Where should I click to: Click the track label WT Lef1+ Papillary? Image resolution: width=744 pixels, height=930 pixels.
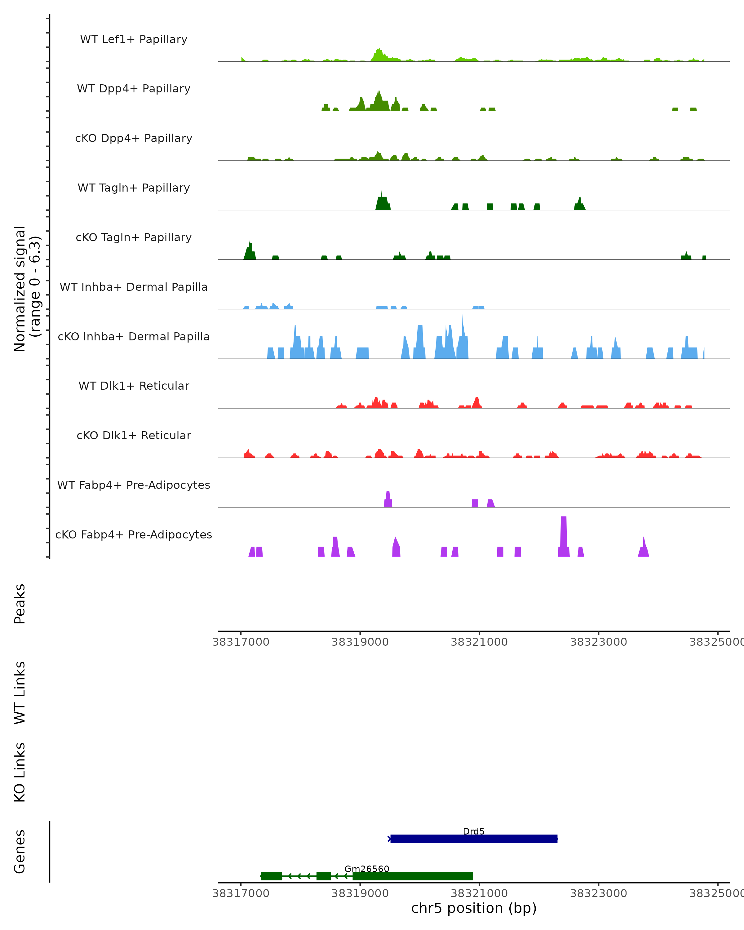(134, 39)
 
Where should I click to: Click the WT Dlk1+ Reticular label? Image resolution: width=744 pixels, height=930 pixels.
(134, 386)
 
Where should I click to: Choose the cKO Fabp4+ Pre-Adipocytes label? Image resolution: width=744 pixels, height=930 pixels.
(134, 534)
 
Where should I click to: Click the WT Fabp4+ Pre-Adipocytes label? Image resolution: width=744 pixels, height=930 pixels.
(134, 485)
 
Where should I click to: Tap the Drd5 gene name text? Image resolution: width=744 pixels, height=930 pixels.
(474, 831)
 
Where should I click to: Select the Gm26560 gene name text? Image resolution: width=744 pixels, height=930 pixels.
(367, 869)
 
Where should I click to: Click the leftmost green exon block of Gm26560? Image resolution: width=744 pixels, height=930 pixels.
(271, 876)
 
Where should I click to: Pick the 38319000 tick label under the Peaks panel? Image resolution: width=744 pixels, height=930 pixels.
(360, 642)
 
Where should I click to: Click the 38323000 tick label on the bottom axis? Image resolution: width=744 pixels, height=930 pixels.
(599, 893)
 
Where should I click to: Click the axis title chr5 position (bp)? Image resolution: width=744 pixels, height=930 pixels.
(474, 908)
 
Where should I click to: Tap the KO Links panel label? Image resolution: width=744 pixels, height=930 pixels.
(20, 772)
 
